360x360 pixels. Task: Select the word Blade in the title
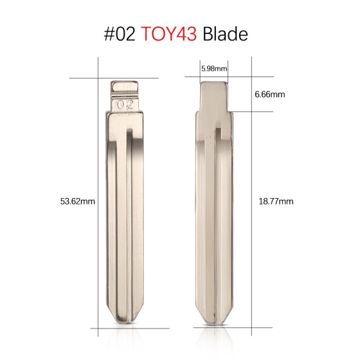[x=225, y=34]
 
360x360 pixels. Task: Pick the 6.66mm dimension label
[x=269, y=94]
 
